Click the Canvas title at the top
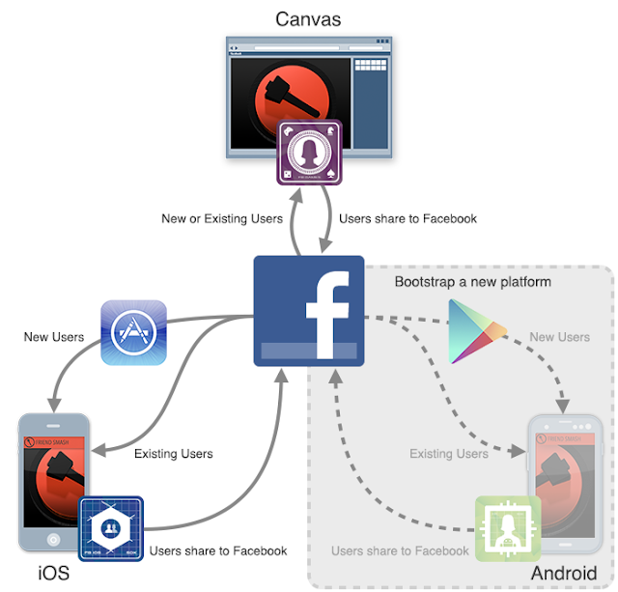[308, 18]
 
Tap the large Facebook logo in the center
[308, 311]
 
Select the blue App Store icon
[133, 332]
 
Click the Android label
[564, 573]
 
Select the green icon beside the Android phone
[507, 528]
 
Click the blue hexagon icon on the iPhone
[111, 528]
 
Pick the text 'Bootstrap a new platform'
[473, 282]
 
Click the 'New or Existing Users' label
[222, 219]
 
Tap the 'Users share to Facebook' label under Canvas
[407, 219]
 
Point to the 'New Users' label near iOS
[54, 337]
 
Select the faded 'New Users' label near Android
[560, 337]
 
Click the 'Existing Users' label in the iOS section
[174, 453]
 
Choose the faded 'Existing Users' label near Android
[449, 453]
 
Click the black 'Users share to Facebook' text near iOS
[218, 550]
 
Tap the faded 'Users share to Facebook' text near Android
[400, 550]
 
